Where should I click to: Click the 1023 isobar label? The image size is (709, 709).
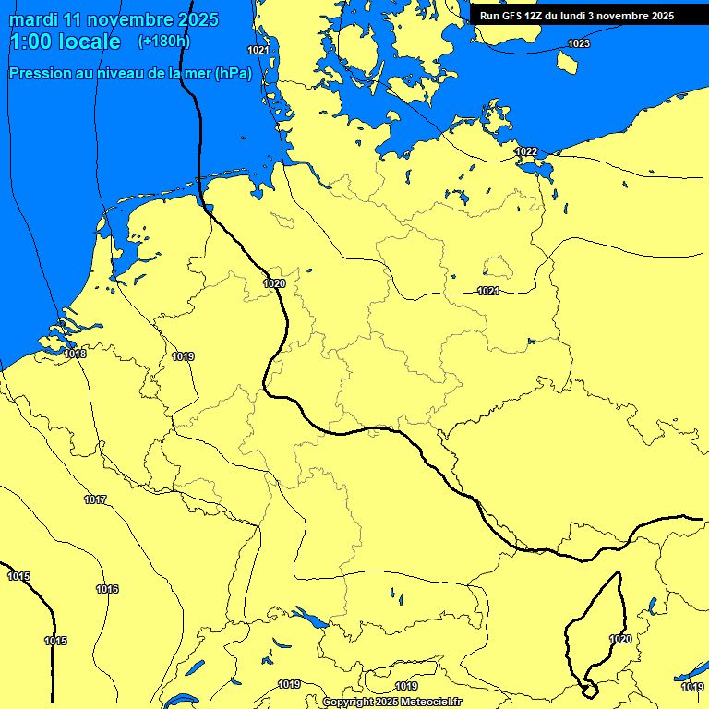coord(579,43)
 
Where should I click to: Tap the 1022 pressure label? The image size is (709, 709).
coord(526,151)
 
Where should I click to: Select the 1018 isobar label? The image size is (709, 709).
coord(76,354)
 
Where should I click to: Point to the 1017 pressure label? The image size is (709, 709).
coord(95,499)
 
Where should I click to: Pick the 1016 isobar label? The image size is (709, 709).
coord(107,589)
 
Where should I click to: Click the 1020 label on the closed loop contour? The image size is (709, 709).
coord(620,639)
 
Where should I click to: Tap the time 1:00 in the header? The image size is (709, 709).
coord(31,42)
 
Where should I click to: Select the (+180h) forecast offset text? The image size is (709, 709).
coord(163,42)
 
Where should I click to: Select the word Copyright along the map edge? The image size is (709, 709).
coord(348,702)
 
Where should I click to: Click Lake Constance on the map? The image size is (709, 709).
coord(309,618)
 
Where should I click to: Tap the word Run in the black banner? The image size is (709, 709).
coord(490,16)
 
